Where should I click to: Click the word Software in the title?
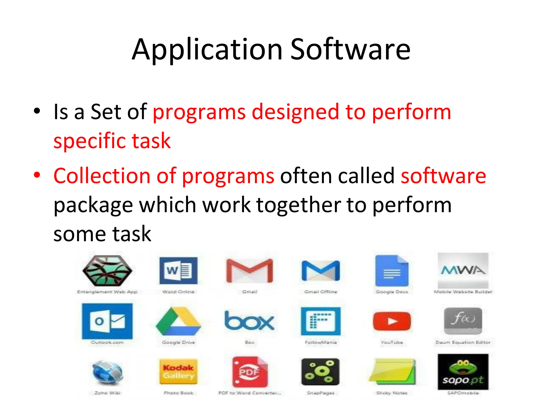coord(350,49)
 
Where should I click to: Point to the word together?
coord(299,206)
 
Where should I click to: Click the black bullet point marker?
coord(37,111)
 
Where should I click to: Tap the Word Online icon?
coord(178,270)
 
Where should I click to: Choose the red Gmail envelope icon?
coord(249,270)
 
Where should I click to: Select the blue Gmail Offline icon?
coord(321,270)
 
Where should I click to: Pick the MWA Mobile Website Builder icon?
coord(463,270)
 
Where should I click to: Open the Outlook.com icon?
coord(107,321)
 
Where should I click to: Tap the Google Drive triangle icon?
coord(178,321)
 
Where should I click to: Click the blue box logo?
coord(249,321)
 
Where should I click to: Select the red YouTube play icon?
coord(392,321)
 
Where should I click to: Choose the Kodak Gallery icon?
coord(178,372)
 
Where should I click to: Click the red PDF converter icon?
coord(249,372)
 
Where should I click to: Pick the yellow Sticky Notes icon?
coord(392,372)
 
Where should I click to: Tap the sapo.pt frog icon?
coord(463,372)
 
